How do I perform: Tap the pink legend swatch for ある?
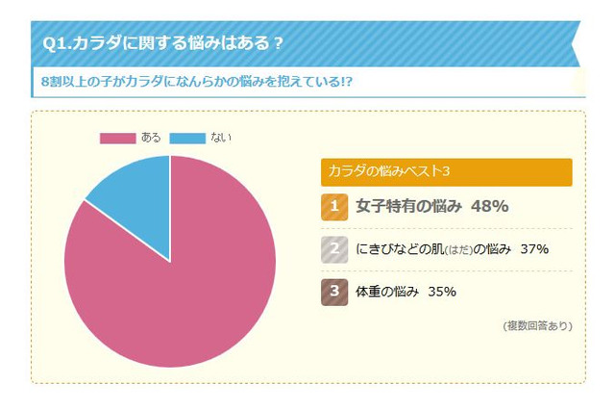tap(117, 138)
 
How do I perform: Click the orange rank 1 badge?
tap(333, 206)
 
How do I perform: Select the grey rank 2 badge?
tap(333, 249)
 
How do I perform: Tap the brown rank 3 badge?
tap(333, 292)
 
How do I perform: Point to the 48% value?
tap(489, 206)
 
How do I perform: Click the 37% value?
tap(533, 249)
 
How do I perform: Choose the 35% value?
tap(441, 292)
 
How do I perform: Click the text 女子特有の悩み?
tap(409, 206)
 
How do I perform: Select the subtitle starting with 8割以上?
tap(192, 81)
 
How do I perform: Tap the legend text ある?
tap(152, 138)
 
